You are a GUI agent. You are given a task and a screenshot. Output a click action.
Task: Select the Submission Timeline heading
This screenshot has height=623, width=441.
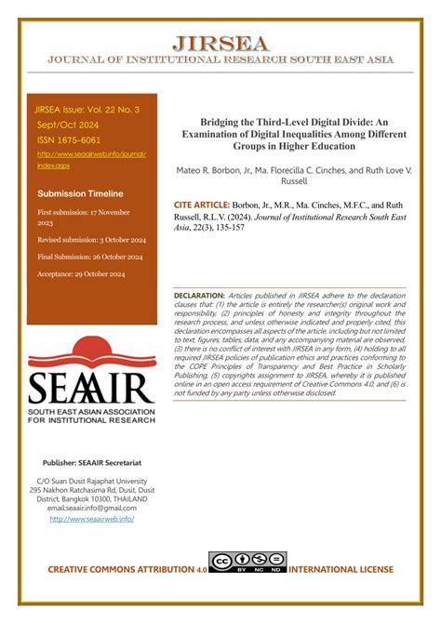click(x=80, y=193)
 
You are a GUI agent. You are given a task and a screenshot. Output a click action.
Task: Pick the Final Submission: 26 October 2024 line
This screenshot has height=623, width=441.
click(x=90, y=257)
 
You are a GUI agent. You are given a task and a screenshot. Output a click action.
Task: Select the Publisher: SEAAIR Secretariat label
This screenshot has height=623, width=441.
click(x=91, y=461)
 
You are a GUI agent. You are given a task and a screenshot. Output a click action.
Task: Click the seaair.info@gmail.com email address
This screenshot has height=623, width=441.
click(x=91, y=508)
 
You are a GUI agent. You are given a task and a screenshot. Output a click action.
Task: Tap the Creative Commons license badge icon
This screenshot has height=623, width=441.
click(x=248, y=563)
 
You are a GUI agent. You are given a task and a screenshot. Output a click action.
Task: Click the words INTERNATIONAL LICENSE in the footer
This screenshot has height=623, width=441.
click(x=341, y=569)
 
